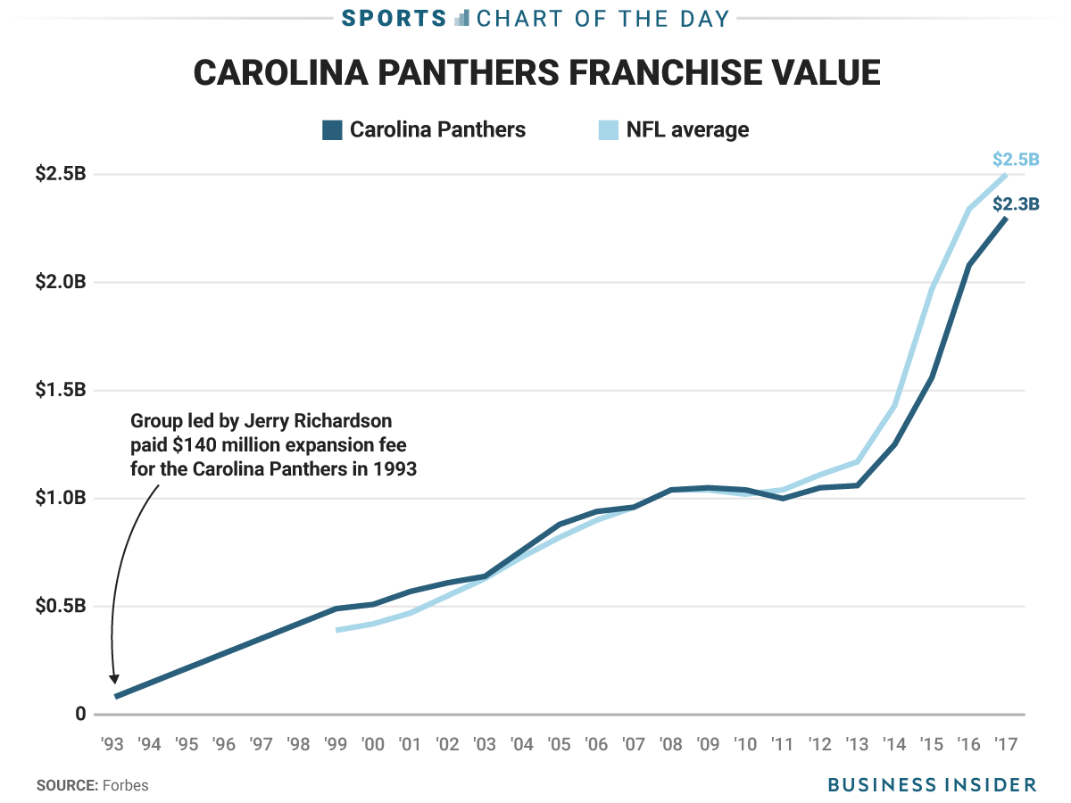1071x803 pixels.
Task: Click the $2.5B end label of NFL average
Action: (1016, 161)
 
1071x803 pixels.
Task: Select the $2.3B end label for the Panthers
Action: (1016, 203)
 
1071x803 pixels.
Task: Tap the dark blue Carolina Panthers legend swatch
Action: (332, 130)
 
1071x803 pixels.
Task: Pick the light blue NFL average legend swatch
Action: (608, 130)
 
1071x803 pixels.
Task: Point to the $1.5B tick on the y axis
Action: (61, 390)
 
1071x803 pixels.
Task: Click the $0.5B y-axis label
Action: (61, 606)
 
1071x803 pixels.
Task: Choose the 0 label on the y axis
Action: (80, 714)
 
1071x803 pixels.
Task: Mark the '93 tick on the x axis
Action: (113, 743)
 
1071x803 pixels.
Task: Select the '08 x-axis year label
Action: (671, 743)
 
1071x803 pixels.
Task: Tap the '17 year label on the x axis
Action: (1007, 743)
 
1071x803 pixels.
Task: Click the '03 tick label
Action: (486, 743)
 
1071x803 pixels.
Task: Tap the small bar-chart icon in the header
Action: (461, 18)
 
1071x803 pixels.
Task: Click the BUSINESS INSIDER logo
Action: (932, 785)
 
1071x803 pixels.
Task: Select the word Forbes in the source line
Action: (125, 786)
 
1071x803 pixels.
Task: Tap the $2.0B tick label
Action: (61, 282)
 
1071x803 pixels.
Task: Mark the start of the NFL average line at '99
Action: (337, 630)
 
